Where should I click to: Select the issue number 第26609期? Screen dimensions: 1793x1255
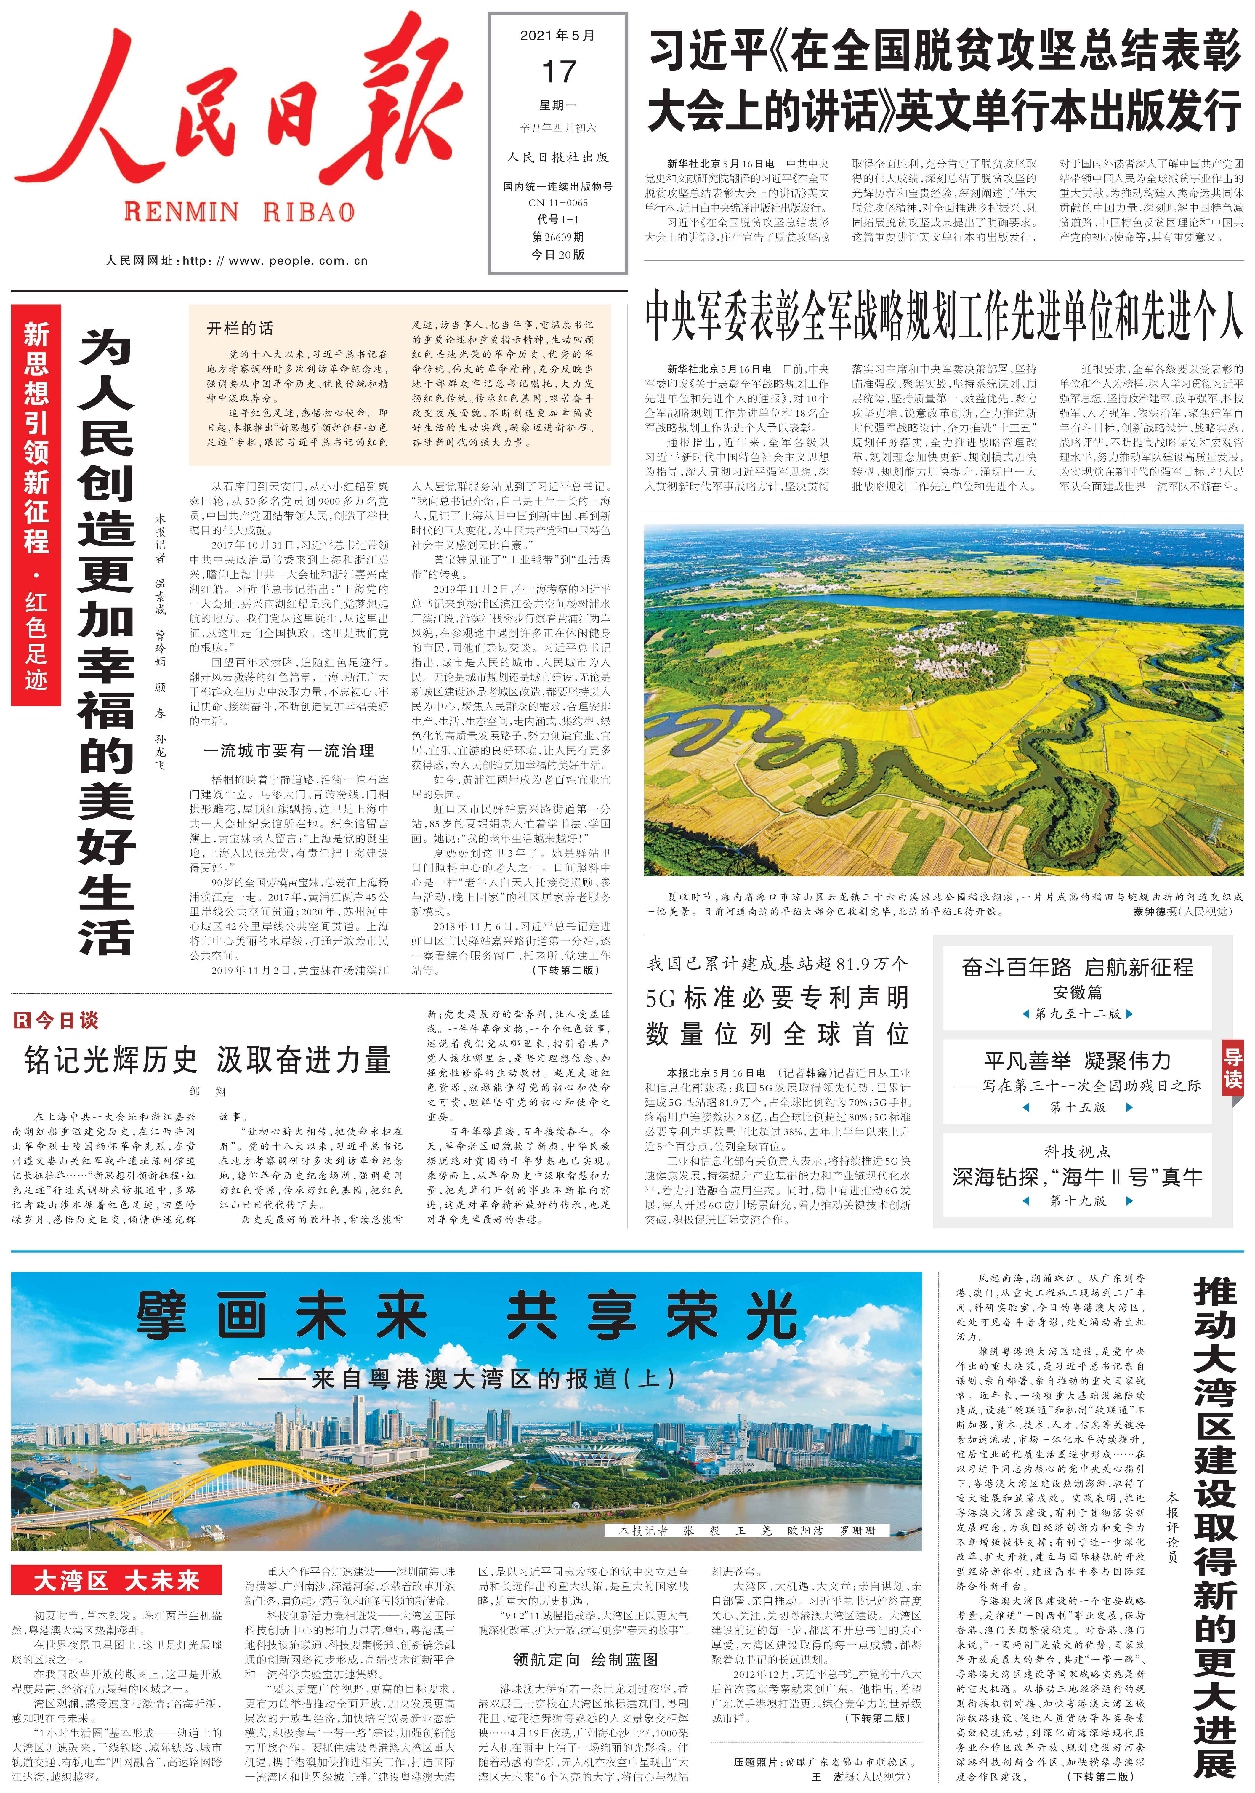pyautogui.click(x=558, y=237)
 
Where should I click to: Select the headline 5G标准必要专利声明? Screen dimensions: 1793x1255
pyautogui.click(x=777, y=998)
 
